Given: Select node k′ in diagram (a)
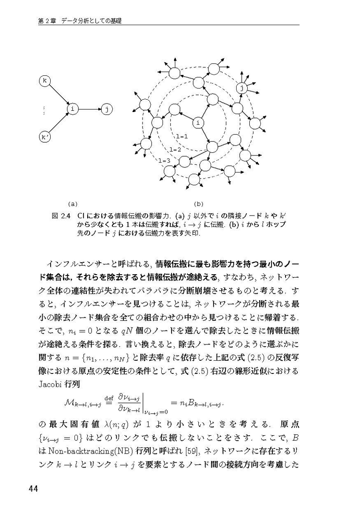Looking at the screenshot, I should tap(45, 137).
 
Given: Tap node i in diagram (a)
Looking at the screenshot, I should tap(73, 109).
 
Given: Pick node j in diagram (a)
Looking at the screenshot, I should tap(107, 109).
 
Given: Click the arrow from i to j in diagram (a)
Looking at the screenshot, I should tap(90, 109).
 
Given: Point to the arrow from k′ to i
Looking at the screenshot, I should tap(59, 123).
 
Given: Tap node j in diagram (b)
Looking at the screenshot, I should tap(242, 89).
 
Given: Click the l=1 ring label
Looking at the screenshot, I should tap(181, 136).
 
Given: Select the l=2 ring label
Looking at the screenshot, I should tap(175, 149).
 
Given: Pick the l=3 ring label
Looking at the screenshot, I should tap(164, 161).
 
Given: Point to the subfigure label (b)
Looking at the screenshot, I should tap(199, 204).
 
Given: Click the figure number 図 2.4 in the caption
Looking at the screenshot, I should tap(60, 215).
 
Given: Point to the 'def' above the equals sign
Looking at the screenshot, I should tap(108, 397).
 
